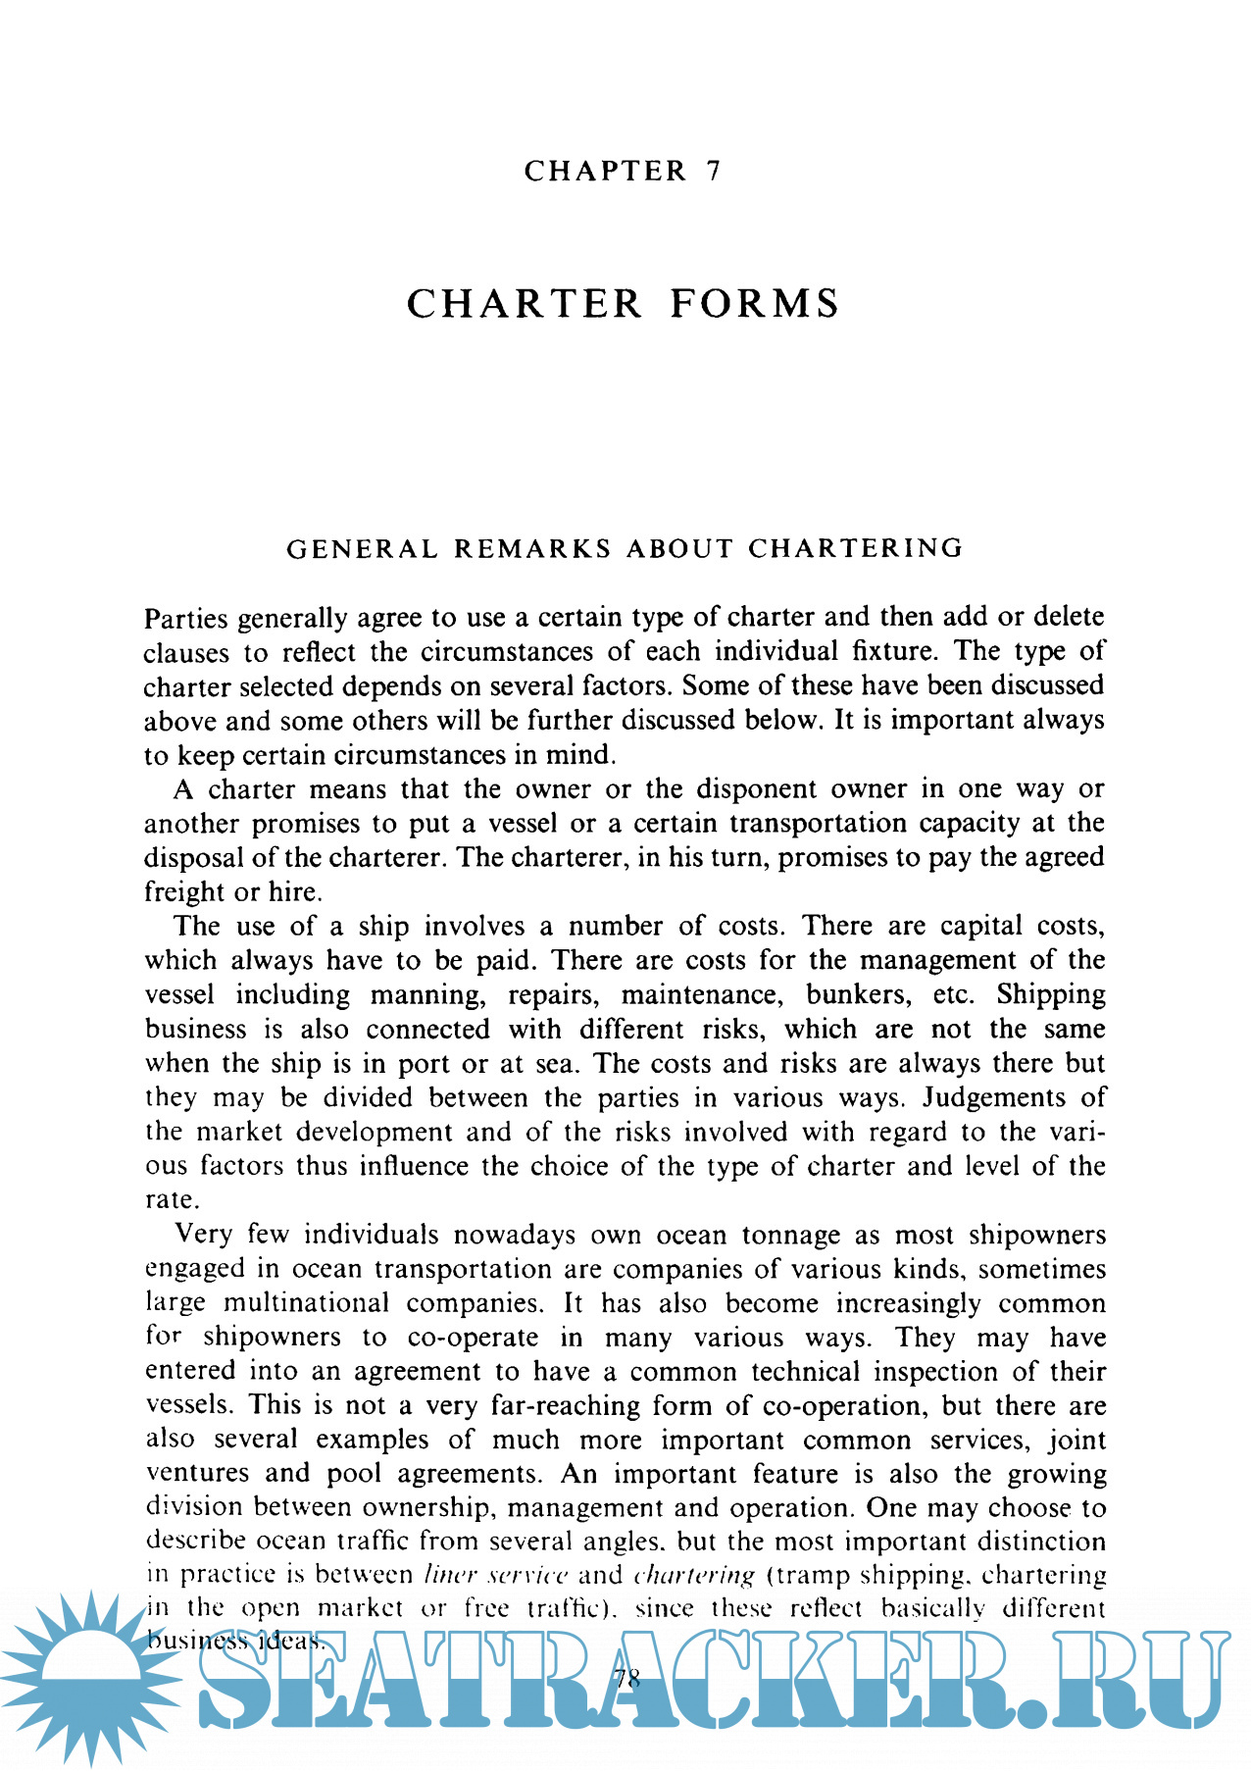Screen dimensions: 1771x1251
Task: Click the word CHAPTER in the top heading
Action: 605,171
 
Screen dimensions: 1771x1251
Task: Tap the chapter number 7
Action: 713,171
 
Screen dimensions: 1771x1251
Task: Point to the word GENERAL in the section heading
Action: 362,548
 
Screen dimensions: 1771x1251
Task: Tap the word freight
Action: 183,892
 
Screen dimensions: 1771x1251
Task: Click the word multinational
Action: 307,1303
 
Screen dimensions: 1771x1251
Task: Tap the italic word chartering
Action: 694,1575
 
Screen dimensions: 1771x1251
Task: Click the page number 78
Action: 625,1678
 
